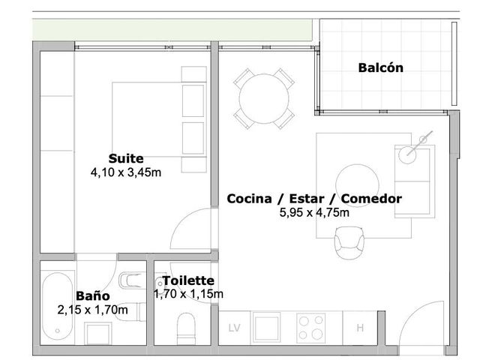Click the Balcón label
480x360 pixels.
[x=380, y=67]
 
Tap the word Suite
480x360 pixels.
[x=126, y=158]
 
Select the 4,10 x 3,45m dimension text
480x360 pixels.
[x=126, y=172]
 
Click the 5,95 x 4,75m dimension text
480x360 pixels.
[x=314, y=212]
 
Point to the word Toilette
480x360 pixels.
[x=188, y=280]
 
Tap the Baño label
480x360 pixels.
[x=93, y=296]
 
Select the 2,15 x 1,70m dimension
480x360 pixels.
[x=93, y=310]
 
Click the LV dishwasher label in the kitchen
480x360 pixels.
[x=235, y=328]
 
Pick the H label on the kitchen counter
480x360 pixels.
[x=360, y=328]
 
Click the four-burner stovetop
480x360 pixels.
[x=311, y=328]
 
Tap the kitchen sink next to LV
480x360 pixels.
[x=266, y=327]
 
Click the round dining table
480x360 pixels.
[x=264, y=98]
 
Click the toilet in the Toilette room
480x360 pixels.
[x=187, y=328]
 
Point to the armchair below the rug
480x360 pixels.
[x=349, y=243]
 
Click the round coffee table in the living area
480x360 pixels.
[x=357, y=185]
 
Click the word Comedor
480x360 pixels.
[x=371, y=199]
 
